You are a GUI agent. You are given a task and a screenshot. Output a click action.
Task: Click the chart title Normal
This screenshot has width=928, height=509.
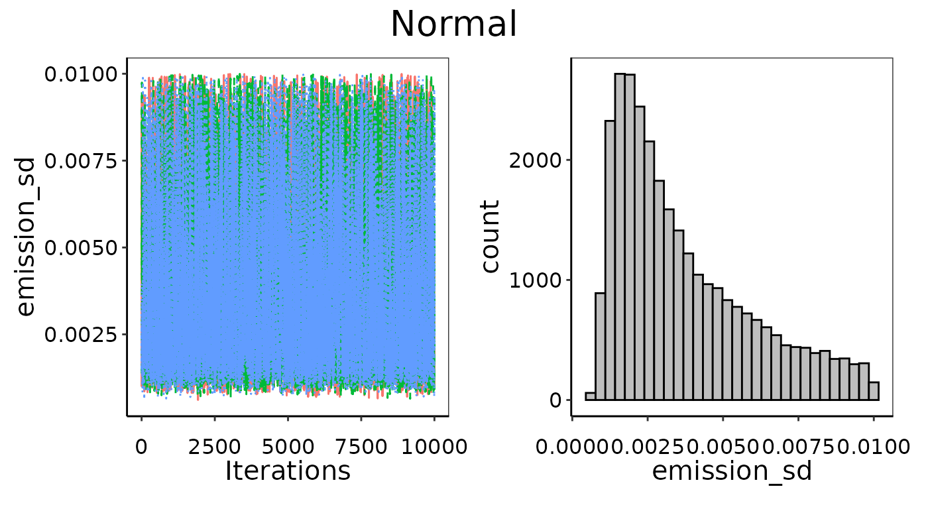click(453, 25)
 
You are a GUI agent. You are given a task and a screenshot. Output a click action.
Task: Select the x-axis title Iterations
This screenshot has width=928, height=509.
click(287, 471)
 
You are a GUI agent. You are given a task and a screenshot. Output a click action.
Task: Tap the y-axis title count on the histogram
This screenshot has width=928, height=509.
click(491, 237)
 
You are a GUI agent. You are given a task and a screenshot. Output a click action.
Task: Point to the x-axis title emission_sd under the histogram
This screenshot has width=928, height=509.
click(732, 471)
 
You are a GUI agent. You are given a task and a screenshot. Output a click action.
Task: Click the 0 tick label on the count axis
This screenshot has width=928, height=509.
click(554, 400)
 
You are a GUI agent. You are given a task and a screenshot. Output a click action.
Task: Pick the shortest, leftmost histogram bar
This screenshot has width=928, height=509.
click(590, 396)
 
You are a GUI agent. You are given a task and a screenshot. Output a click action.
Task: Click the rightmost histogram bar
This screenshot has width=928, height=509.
click(874, 391)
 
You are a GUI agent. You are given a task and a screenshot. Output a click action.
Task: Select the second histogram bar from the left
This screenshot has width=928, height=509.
click(600, 347)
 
